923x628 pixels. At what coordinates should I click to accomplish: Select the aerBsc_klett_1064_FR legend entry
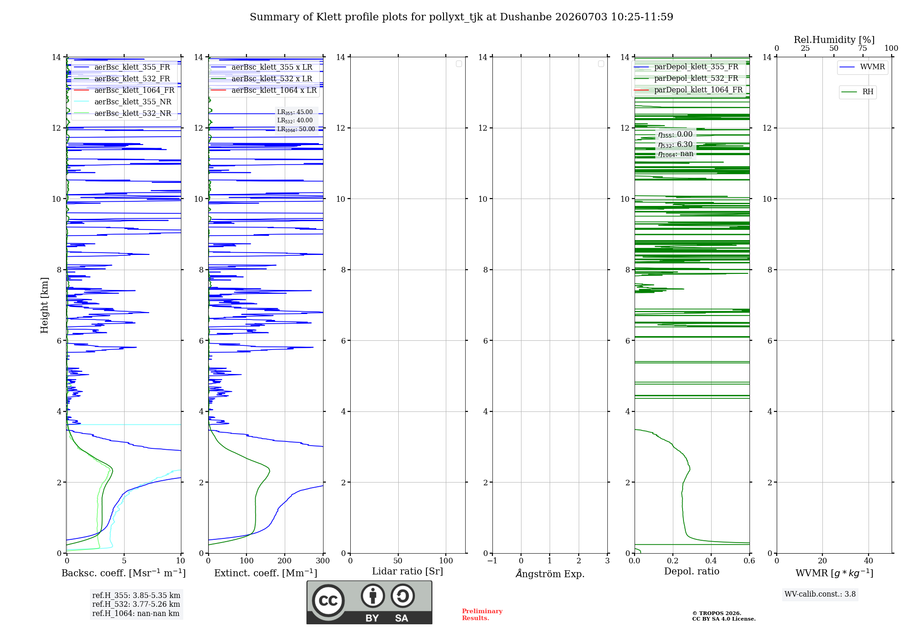click(124, 90)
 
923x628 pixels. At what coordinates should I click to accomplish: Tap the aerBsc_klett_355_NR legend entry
click(123, 102)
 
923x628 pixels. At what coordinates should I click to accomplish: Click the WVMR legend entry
click(862, 67)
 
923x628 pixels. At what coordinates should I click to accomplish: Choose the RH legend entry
click(857, 92)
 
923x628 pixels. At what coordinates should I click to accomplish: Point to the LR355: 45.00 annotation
click(295, 112)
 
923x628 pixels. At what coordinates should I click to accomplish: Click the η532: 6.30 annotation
click(675, 145)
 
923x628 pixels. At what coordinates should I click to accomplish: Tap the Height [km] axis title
click(44, 305)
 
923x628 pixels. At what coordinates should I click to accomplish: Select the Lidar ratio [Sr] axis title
click(408, 572)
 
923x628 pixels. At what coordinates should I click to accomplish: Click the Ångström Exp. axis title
click(550, 574)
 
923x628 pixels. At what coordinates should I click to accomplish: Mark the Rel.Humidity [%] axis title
click(834, 40)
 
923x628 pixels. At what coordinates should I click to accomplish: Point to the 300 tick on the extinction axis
click(323, 561)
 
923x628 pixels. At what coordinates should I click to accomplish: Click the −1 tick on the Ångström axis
click(492, 561)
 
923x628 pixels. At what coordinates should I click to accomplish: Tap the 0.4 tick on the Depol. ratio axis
click(711, 561)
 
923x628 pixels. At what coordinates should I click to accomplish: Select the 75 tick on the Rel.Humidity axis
click(863, 48)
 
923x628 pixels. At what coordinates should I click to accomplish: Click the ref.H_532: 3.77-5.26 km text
click(136, 604)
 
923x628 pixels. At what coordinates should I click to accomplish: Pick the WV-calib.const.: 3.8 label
click(820, 594)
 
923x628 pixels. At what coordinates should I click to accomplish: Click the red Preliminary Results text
click(482, 615)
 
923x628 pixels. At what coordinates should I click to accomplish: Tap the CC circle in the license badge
click(328, 601)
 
